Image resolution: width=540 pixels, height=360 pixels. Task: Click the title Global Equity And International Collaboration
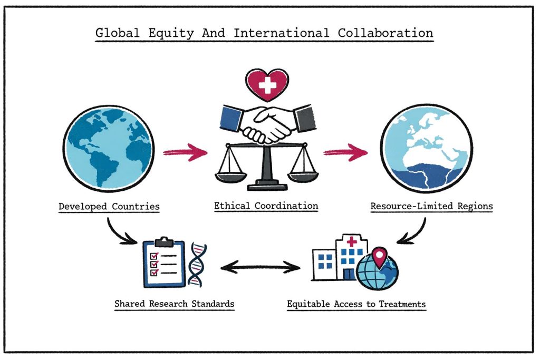pyautogui.click(x=264, y=33)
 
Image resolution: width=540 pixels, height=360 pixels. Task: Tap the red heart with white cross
pyautogui.click(x=267, y=85)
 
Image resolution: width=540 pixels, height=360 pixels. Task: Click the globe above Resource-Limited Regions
pyautogui.click(x=427, y=150)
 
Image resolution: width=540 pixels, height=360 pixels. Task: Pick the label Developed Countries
pyautogui.click(x=109, y=206)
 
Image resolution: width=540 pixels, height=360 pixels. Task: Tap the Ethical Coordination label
pyautogui.click(x=266, y=206)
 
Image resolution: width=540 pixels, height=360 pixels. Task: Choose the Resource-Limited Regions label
pyautogui.click(x=431, y=206)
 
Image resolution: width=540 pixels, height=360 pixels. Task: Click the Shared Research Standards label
pyautogui.click(x=175, y=304)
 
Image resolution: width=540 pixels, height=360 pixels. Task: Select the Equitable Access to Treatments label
pyautogui.click(x=356, y=304)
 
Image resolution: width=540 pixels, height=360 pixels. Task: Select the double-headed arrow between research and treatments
pyautogui.click(x=260, y=268)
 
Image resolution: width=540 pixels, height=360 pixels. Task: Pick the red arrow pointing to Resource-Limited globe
pyautogui.click(x=345, y=153)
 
